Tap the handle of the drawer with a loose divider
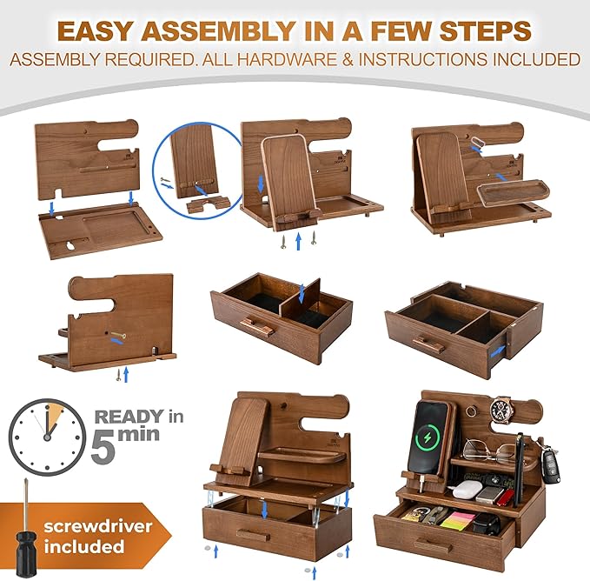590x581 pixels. pyautogui.click(x=258, y=328)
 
